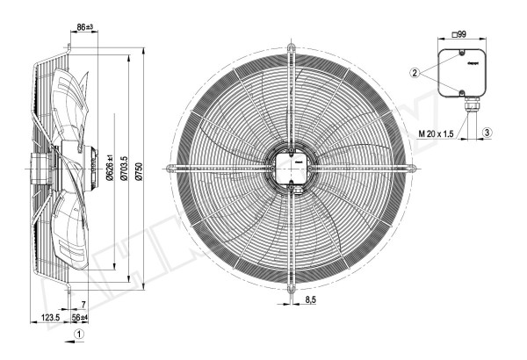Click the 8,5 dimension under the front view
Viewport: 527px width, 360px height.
[310, 301]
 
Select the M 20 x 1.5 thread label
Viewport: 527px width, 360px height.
[437, 133]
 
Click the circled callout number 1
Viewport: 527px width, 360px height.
[79, 335]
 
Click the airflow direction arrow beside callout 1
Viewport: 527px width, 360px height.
[61, 335]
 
